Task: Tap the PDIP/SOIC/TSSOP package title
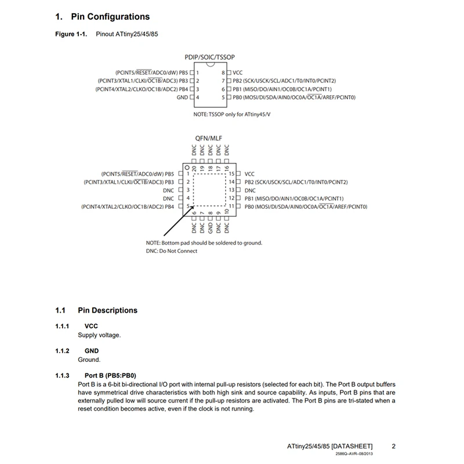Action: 210,59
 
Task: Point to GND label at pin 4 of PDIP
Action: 183,98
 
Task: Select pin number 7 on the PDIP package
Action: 223,81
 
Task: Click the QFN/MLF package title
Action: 209,138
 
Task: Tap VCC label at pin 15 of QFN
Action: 250,174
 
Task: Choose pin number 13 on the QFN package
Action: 231,190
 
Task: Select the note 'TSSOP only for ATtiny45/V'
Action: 230,115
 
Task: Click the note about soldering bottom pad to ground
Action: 204,242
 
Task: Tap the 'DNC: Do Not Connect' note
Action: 171,251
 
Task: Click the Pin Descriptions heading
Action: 107,310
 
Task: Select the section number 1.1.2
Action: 62,351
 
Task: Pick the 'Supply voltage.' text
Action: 100,335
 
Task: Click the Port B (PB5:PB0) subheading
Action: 114,375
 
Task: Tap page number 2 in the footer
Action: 393,446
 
